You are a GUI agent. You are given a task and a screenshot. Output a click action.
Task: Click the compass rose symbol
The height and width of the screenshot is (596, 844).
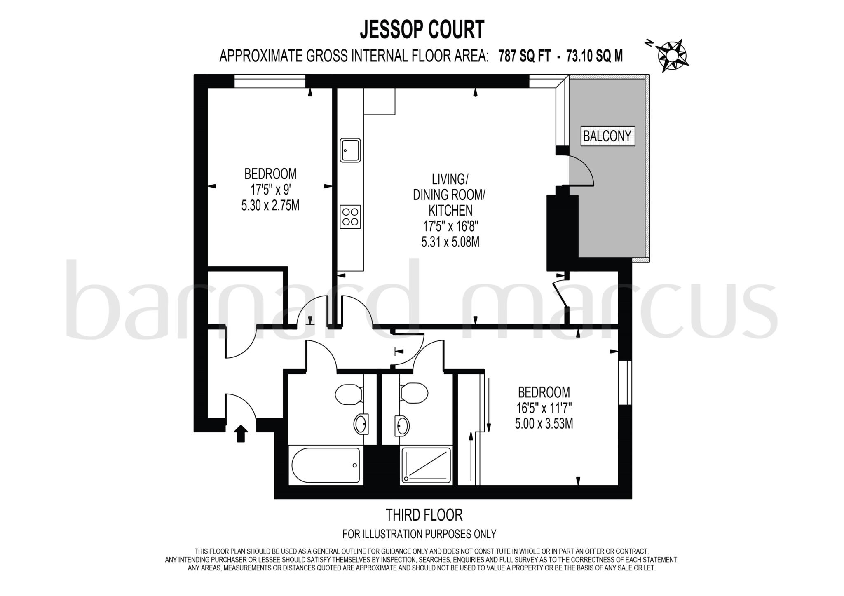click(x=672, y=55)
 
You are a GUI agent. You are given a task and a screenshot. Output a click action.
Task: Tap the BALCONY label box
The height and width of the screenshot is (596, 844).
click(x=607, y=136)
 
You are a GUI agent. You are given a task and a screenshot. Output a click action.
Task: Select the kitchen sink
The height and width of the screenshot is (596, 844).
click(x=350, y=150)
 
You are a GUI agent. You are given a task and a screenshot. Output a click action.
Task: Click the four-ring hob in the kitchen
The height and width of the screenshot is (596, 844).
click(x=350, y=217)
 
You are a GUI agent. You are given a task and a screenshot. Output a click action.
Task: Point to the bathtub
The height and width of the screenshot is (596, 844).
click(x=326, y=465)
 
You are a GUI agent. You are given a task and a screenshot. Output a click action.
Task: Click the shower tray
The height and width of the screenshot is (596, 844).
click(x=426, y=465)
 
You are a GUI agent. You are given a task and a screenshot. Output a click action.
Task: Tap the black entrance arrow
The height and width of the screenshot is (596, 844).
click(x=241, y=434)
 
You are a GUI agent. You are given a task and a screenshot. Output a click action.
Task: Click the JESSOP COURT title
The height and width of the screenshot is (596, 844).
click(x=422, y=30)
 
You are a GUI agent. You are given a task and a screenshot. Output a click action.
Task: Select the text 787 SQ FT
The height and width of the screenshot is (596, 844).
click(x=524, y=56)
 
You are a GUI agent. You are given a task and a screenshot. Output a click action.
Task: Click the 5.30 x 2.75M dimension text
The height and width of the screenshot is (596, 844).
click(x=270, y=205)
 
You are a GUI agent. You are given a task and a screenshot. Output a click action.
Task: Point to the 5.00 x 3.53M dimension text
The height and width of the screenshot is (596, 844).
click(x=544, y=423)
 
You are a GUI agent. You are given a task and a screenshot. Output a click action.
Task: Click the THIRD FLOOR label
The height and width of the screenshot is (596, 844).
click(x=424, y=515)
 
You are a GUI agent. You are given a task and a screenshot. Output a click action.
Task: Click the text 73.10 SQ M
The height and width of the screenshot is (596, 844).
click(x=594, y=56)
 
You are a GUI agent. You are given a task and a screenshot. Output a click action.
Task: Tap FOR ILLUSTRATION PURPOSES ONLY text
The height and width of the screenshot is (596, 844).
click(x=419, y=534)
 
